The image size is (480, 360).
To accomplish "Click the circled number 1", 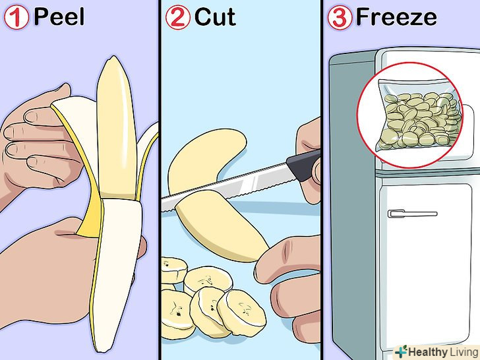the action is (16, 18).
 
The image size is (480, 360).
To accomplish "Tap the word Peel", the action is (59, 17).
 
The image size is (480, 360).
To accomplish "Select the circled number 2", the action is (178, 18).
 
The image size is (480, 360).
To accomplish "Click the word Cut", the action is (215, 17).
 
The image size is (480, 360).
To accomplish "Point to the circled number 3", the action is (340, 18).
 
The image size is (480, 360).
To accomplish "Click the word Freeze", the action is (396, 17).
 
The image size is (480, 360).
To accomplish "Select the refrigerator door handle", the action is (412, 214).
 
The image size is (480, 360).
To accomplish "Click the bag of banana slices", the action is (420, 115).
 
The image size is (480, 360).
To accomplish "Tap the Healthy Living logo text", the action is (443, 352).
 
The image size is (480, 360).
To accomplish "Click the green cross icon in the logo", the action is (401, 351).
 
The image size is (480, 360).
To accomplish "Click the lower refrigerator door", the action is (425, 263).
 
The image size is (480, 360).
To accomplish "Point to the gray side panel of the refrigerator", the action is (352, 199).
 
